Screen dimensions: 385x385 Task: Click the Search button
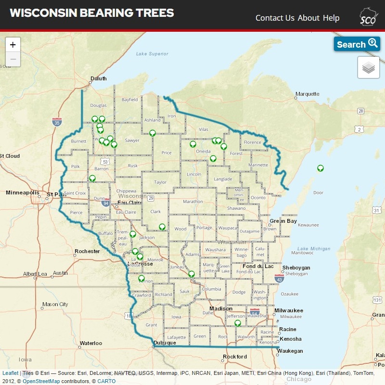coord(357,44)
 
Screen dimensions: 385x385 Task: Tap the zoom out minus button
coord(13,59)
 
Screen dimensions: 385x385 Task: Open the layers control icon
coord(368,68)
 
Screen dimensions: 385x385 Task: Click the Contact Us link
coord(275,18)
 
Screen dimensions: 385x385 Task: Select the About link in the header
coord(308,18)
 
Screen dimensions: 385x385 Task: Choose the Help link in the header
coord(331,18)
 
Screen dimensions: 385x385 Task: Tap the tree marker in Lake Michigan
coord(320,168)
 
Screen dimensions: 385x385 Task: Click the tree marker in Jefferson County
coord(238,323)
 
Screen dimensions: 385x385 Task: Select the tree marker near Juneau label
coord(191,274)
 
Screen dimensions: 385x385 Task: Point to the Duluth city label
coord(99,78)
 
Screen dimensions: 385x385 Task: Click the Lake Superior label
coord(152,54)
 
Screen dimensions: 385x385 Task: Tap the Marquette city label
coord(308,94)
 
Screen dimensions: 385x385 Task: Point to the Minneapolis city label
coord(22,192)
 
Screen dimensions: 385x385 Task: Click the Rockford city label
coord(235,357)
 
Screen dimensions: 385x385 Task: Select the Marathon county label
coord(193,202)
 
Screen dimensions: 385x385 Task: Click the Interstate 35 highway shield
coord(57,122)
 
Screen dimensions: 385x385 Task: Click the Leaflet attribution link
coord(10,373)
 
